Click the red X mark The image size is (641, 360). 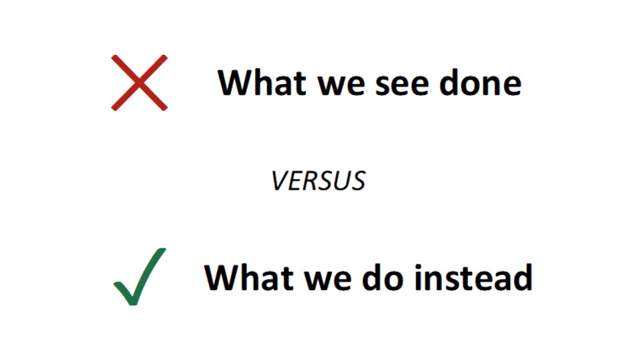[x=140, y=83]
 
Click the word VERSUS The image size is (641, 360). [x=318, y=181]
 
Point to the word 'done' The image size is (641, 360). [x=480, y=83]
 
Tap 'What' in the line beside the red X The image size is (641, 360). [x=262, y=83]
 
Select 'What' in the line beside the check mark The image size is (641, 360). [x=248, y=277]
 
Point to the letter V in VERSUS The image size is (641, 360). [x=280, y=181]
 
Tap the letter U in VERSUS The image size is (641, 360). [x=342, y=181]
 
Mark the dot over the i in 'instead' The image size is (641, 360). [x=419, y=266]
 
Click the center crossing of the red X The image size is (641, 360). [x=140, y=83]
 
